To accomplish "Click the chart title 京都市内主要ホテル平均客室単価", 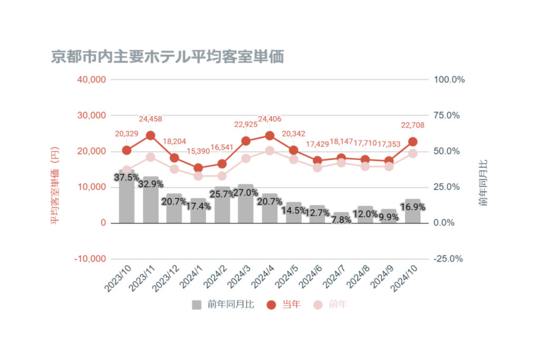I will [167, 56].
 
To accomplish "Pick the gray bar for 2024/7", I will [341, 218].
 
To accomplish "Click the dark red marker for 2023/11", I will [150, 135].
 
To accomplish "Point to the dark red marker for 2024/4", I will [269, 135].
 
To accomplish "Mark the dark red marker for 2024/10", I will [413, 142].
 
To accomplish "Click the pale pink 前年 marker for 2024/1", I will [198, 176].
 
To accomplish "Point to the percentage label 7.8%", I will [341, 220].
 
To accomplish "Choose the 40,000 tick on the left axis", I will [92, 80].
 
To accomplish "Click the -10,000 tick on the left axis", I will [91, 259].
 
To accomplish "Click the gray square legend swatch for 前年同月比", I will [196, 305].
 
